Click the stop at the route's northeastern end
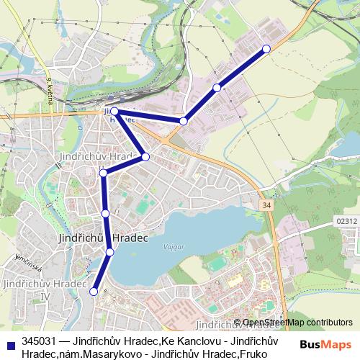(x=266, y=48)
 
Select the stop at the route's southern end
(x=94, y=292)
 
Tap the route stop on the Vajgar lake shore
(x=110, y=251)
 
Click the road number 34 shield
(x=268, y=206)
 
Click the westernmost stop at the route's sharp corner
(x=114, y=112)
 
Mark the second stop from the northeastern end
(x=217, y=88)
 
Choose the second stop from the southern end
(x=110, y=251)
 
